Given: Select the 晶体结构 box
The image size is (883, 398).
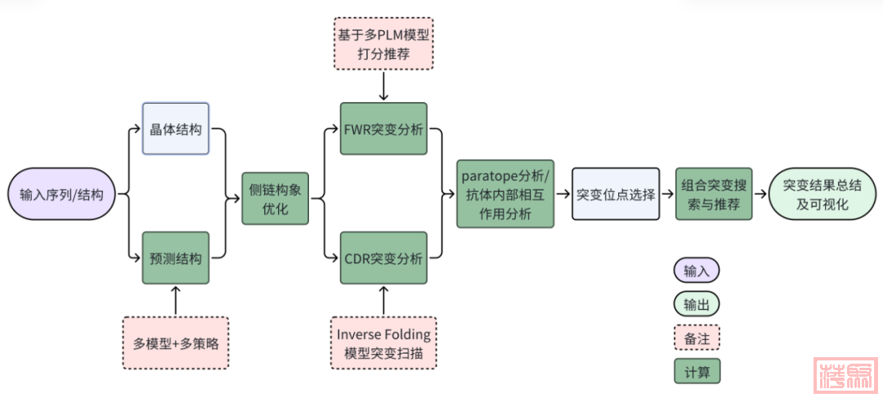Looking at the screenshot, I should (176, 129).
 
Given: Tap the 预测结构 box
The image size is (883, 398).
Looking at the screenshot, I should (176, 258).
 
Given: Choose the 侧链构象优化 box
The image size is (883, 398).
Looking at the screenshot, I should (276, 199).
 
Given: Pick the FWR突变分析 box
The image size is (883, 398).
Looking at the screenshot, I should (383, 128).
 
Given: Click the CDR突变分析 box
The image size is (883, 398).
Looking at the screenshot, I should (383, 258).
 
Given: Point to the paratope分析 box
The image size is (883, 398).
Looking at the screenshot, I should (505, 194).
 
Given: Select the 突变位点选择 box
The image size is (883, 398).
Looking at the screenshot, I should (616, 195).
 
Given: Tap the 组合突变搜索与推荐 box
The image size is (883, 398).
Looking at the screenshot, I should (714, 194).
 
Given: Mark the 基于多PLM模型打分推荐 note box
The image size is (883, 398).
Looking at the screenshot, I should (383, 44).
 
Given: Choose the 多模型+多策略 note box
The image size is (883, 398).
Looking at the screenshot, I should (176, 342).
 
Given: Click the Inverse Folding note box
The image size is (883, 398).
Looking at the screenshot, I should (383, 342).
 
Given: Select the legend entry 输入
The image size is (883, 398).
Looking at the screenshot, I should (697, 271).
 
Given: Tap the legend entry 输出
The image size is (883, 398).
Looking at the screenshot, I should (697, 304).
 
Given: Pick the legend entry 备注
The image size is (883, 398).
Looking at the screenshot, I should (697, 338).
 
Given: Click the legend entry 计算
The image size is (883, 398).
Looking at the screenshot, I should (697, 372).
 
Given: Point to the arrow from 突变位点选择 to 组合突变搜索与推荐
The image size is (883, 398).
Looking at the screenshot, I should (667, 195).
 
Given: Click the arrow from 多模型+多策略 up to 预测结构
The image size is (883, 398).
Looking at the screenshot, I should (176, 300).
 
